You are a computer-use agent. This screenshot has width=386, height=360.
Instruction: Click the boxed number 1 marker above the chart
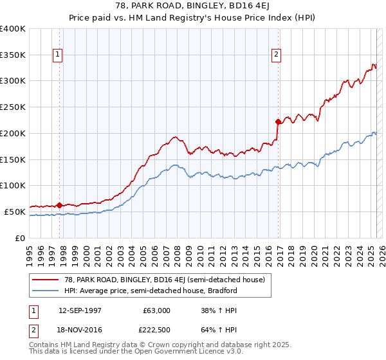pyautogui.click(x=58, y=55)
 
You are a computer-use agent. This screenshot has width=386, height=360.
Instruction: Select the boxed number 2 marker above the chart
pyautogui.click(x=276, y=55)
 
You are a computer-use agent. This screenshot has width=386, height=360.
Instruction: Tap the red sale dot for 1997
pyautogui.click(x=59, y=205)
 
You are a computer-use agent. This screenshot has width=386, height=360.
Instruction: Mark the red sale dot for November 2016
pyautogui.click(x=278, y=122)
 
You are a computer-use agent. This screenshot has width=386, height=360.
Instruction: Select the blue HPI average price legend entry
pyautogui.click(x=151, y=291)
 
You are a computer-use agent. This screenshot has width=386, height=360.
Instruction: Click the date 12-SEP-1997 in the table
pyautogui.click(x=80, y=310)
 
